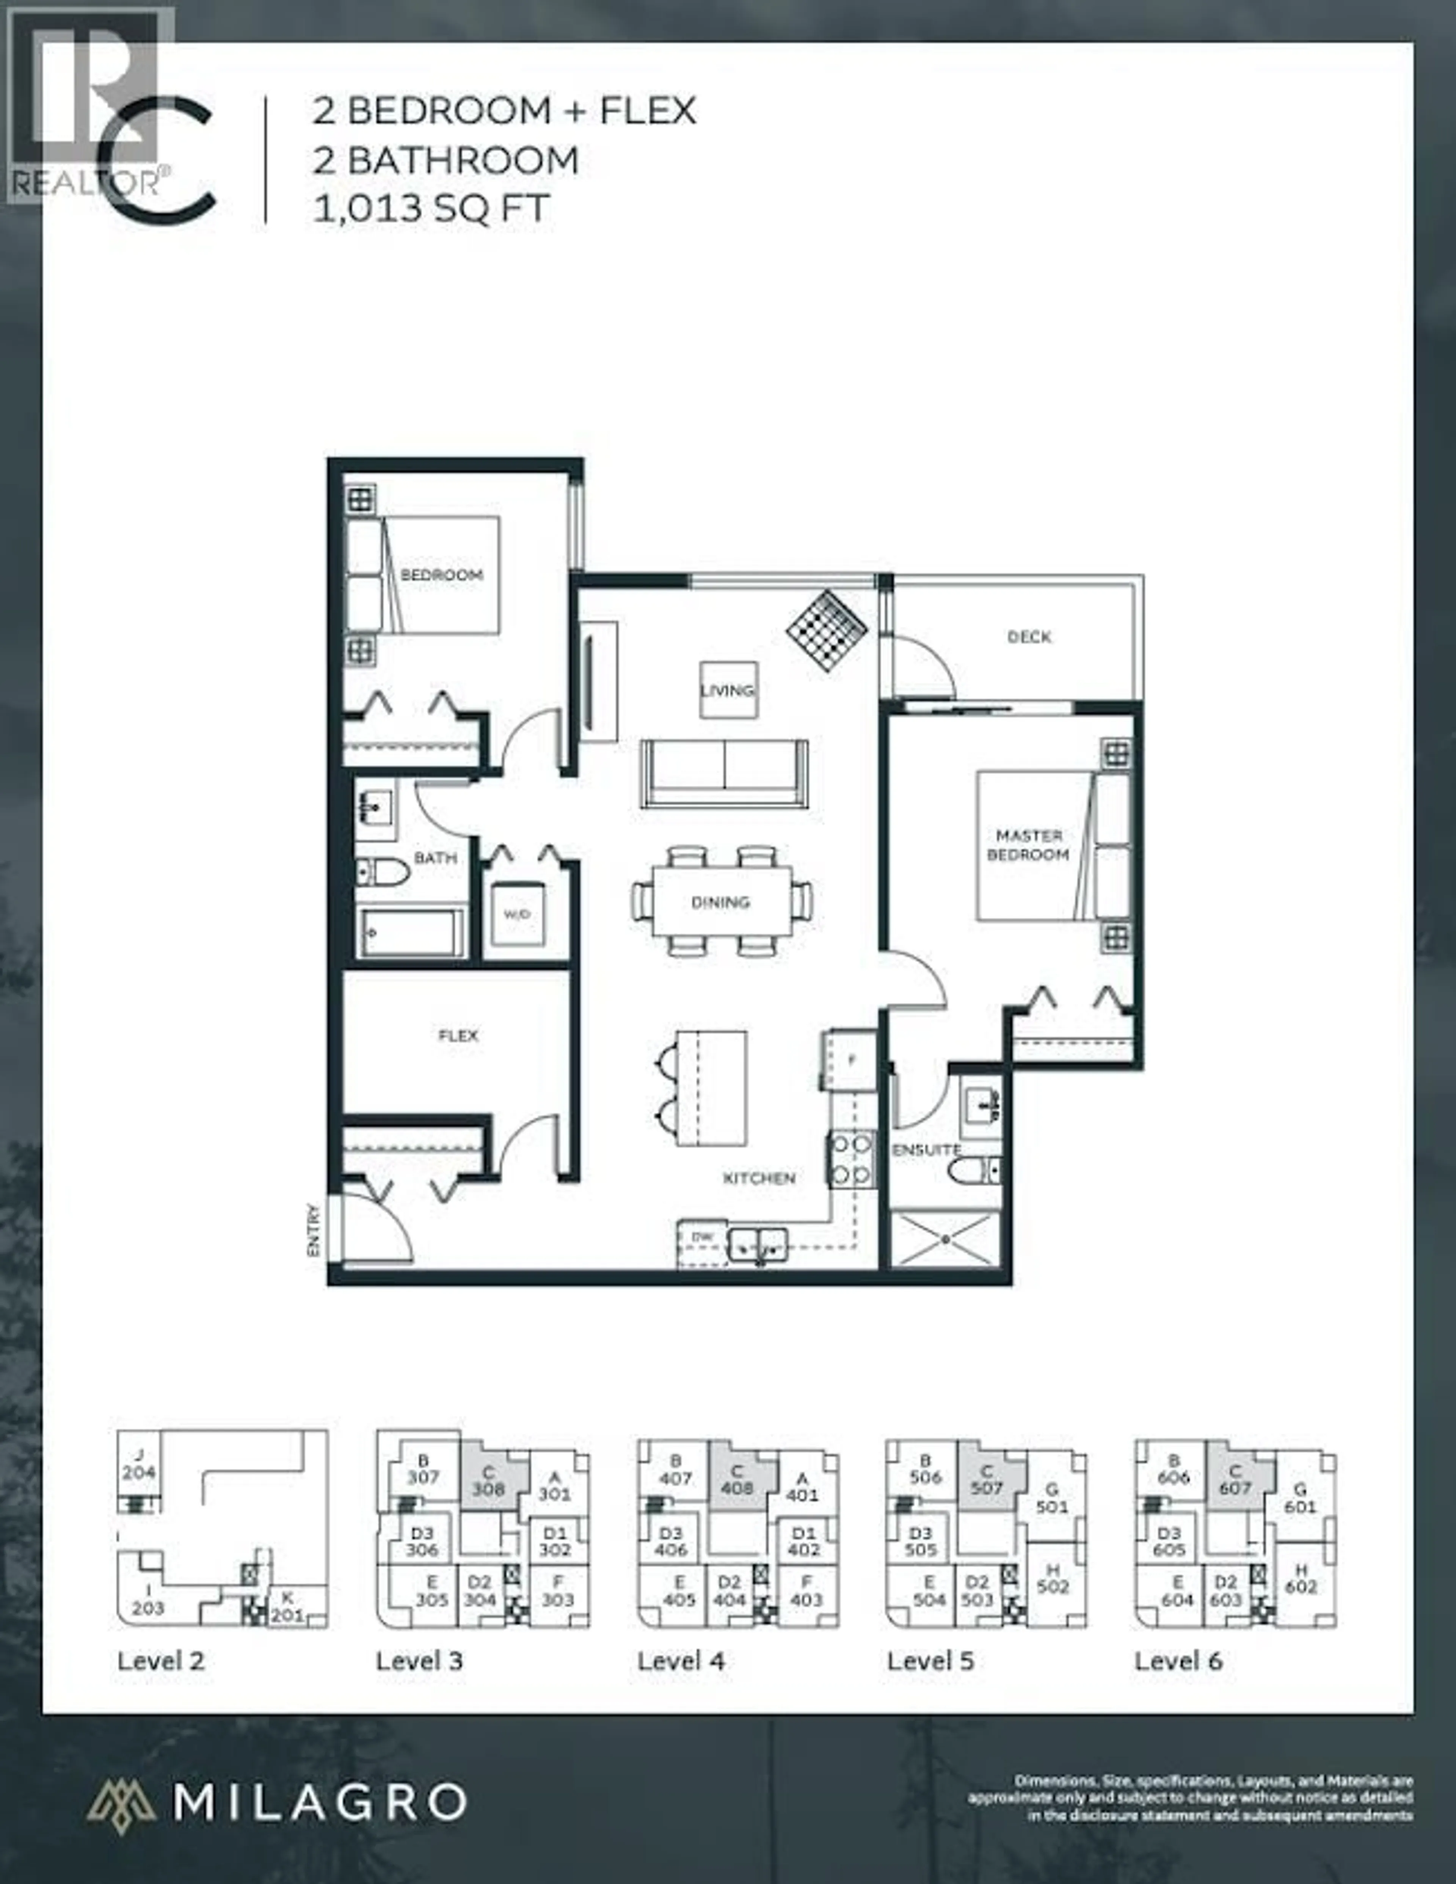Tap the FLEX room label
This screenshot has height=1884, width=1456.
point(458,1035)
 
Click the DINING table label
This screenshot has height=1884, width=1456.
point(720,902)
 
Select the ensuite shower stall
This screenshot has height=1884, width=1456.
point(945,1240)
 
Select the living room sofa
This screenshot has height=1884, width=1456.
point(724,774)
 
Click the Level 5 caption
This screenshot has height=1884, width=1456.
point(930,1661)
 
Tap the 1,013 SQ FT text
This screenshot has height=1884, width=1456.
point(431,209)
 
